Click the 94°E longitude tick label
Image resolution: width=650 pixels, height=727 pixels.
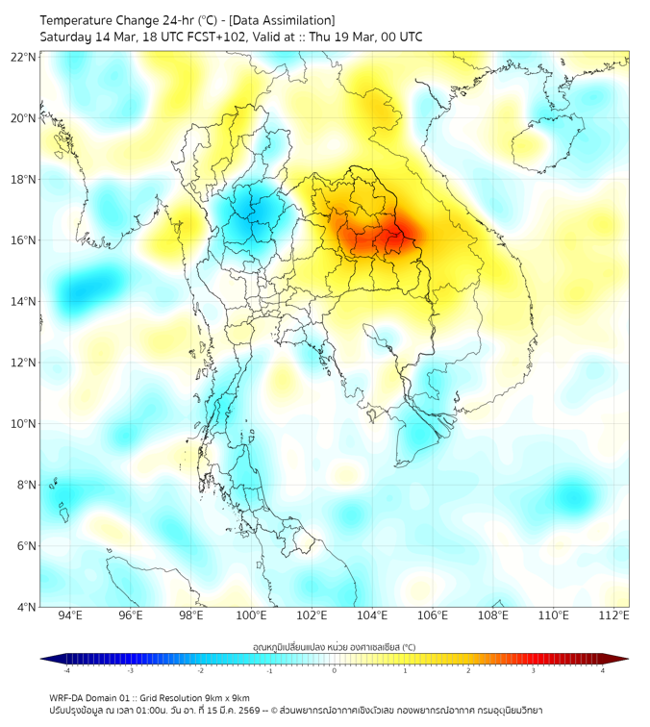70,615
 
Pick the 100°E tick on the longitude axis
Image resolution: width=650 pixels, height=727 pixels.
252,615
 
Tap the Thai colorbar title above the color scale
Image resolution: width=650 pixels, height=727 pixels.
334,647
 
